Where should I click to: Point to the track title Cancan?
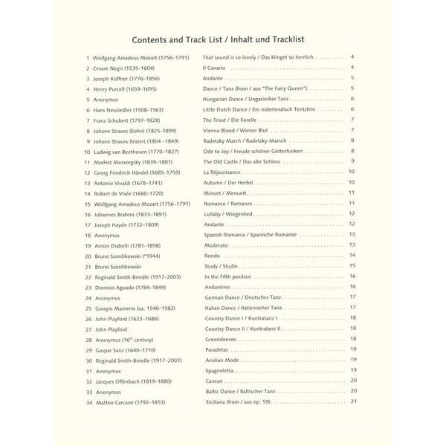[214, 380]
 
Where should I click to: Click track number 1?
[88, 56]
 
